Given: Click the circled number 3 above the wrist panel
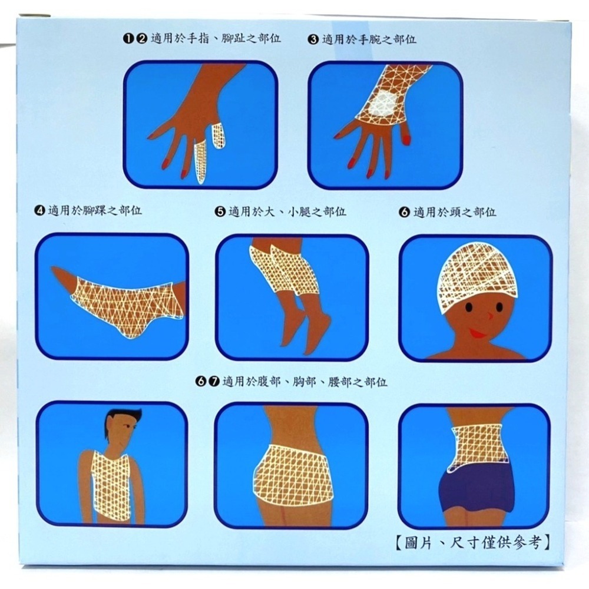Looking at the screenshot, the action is click(x=313, y=39).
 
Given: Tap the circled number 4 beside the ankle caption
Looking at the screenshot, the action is click(x=39, y=211).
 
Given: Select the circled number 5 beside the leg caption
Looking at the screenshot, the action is click(x=220, y=212).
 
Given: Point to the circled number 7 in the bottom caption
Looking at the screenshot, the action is click(x=214, y=382).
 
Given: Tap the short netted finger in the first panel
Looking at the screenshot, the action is click(x=219, y=135).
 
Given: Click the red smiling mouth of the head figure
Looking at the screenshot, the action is click(x=477, y=332).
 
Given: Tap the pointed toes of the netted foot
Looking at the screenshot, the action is click(x=59, y=274).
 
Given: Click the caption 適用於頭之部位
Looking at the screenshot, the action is click(x=455, y=212).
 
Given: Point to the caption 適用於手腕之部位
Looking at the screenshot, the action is click(x=369, y=39).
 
